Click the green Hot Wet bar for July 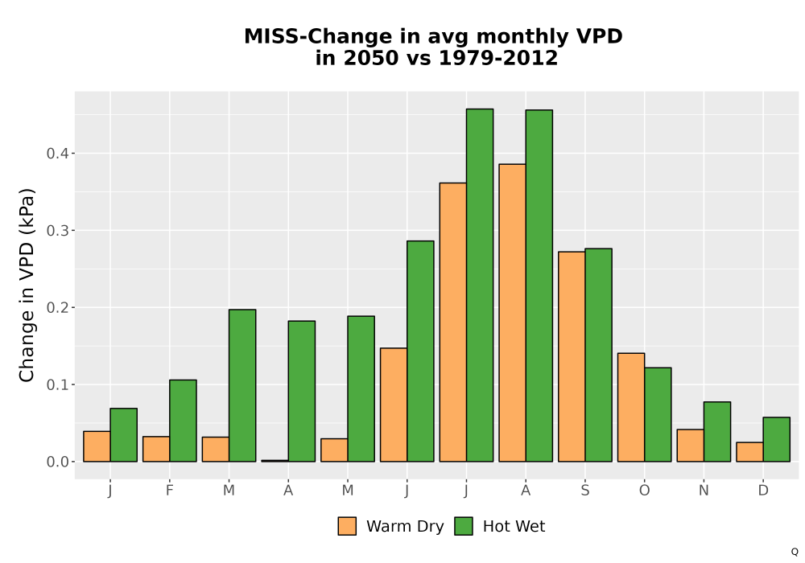(480, 285)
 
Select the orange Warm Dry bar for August (512, 313)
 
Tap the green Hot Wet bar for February (183, 421)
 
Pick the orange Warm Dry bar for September (572, 357)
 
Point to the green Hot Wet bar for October (658, 415)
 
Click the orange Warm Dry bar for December (749, 452)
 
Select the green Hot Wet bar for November (717, 432)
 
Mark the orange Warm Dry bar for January (97, 446)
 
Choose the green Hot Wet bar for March (242, 385)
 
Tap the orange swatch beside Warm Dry (347, 526)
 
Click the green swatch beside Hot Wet (464, 526)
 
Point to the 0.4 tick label (58, 154)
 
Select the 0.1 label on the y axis (58, 384)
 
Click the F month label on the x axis (169, 491)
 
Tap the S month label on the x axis (584, 491)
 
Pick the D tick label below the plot (763, 491)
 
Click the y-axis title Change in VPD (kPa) (27, 286)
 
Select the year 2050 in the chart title (369, 58)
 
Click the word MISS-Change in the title (318, 36)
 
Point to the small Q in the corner (795, 552)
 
